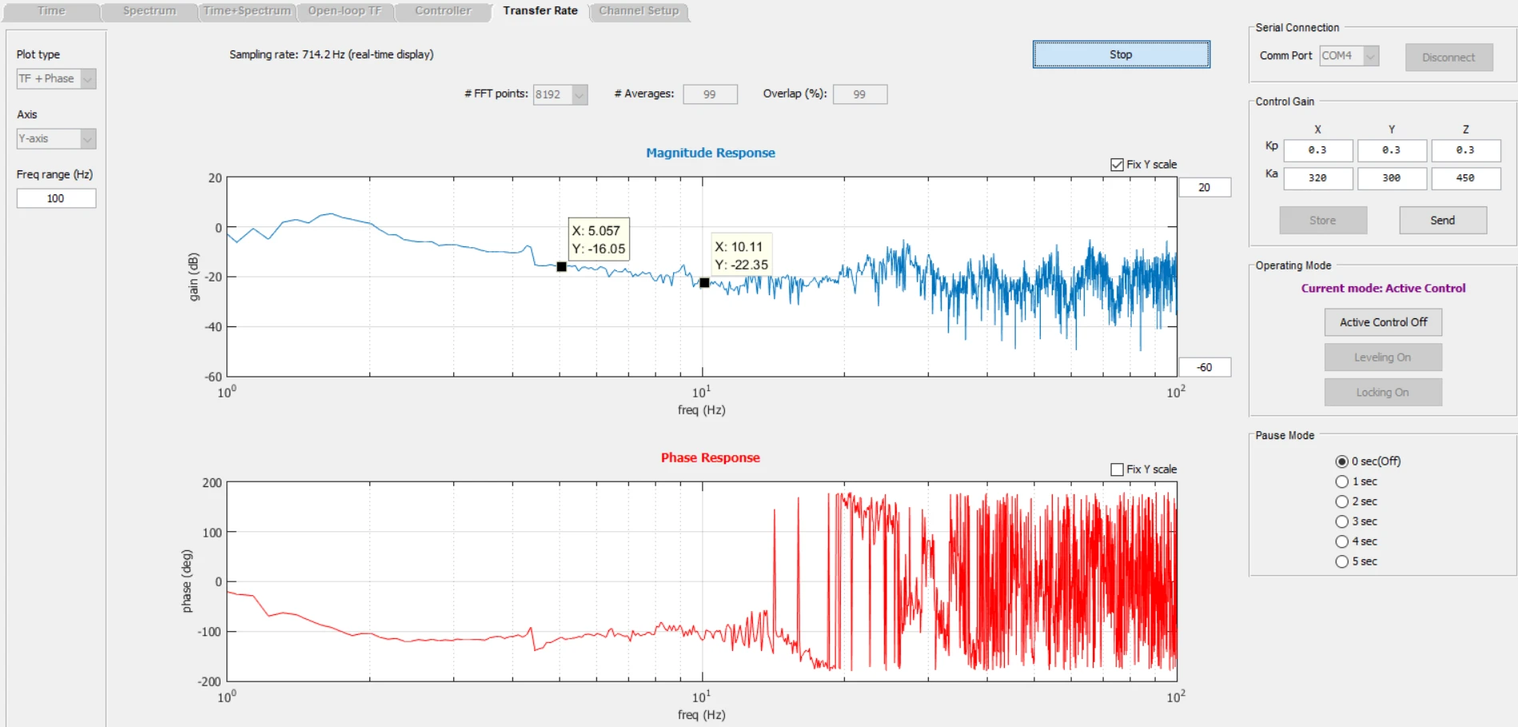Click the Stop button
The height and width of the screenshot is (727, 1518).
click(x=1121, y=54)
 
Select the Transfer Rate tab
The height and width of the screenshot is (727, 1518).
click(x=540, y=11)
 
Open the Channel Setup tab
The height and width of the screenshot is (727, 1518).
click(x=639, y=11)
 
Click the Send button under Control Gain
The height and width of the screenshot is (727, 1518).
click(x=1443, y=220)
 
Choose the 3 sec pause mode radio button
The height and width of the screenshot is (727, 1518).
click(x=1342, y=521)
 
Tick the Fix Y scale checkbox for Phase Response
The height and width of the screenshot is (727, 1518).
click(x=1117, y=469)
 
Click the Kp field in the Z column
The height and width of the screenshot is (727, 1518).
click(x=1465, y=150)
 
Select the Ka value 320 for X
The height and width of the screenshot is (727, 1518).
click(x=1317, y=178)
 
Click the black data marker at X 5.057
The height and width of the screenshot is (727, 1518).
click(x=561, y=266)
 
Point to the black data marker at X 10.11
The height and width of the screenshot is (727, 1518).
click(x=704, y=282)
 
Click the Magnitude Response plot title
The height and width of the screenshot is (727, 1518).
click(x=711, y=153)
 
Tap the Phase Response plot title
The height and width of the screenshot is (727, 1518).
click(x=711, y=457)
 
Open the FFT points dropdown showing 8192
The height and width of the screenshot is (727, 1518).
click(x=560, y=94)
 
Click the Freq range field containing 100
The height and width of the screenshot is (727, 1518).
click(x=56, y=198)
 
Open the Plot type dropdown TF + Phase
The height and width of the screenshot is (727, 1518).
click(x=56, y=78)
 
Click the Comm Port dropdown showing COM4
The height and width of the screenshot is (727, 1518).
click(x=1349, y=56)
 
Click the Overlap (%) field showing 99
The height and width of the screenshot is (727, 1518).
click(x=859, y=94)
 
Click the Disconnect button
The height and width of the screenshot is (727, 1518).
click(x=1448, y=58)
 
